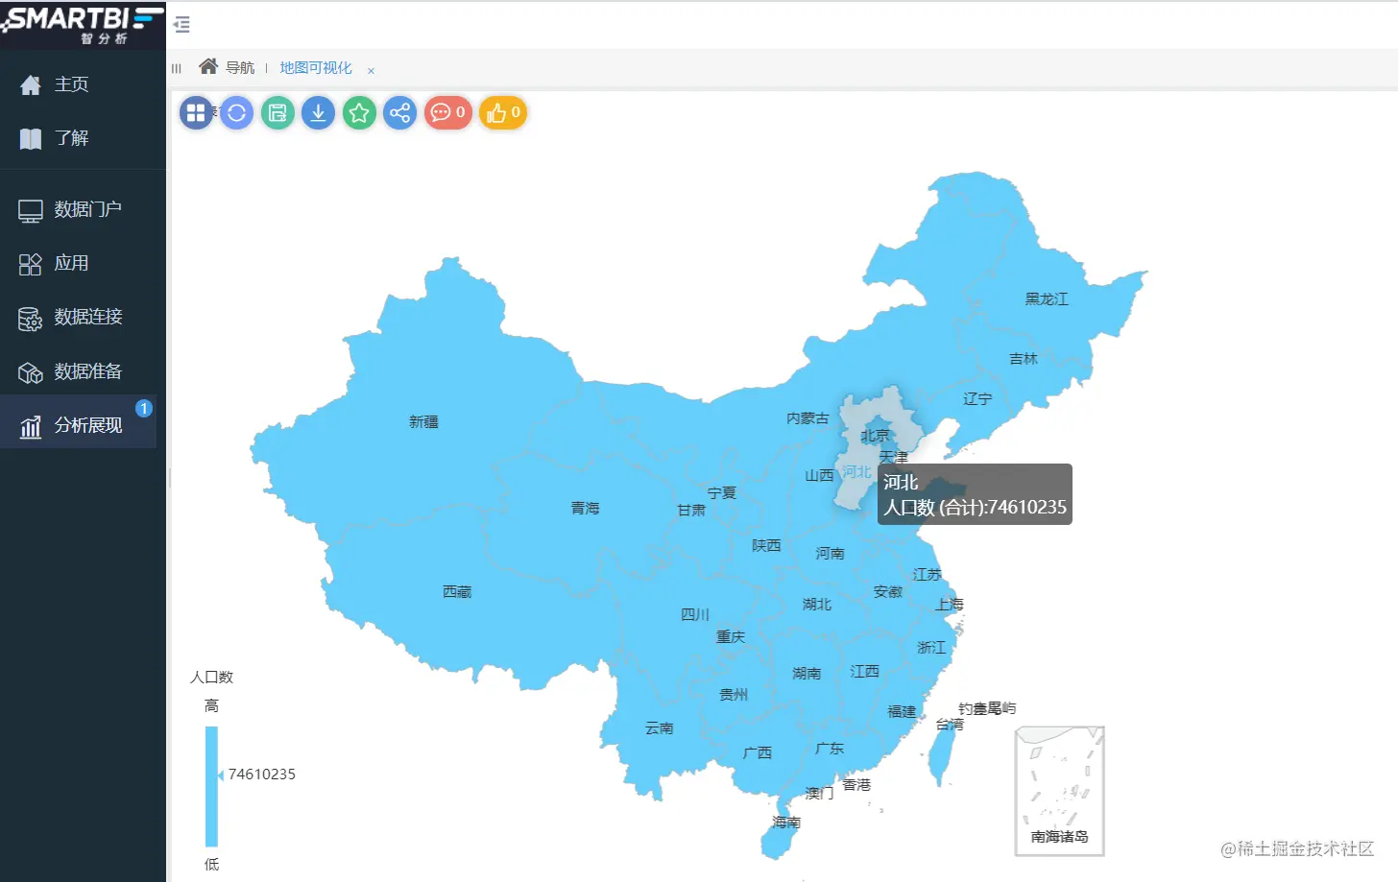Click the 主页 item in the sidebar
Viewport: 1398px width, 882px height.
[71, 84]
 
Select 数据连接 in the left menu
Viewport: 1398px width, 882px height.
[87, 317]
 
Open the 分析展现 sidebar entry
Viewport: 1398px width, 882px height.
[87, 425]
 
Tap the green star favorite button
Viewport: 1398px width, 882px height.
[359, 113]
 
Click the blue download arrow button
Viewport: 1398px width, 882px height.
[318, 113]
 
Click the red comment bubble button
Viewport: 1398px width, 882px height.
[447, 113]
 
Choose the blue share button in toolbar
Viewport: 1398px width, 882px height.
[399, 113]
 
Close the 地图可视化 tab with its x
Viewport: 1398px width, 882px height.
[371, 70]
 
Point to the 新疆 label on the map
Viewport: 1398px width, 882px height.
[423, 421]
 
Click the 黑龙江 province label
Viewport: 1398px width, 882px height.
[1046, 299]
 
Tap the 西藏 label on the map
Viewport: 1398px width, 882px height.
[457, 592]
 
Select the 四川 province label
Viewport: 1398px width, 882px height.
[694, 614]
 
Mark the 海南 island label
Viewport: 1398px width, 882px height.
[785, 822]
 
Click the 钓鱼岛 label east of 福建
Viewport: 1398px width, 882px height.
[987, 708]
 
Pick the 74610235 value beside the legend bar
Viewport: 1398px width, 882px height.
[261, 775]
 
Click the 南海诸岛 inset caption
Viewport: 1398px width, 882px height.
[1059, 837]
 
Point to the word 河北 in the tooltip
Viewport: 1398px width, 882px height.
[901, 483]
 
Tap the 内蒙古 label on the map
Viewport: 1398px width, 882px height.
[807, 418]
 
